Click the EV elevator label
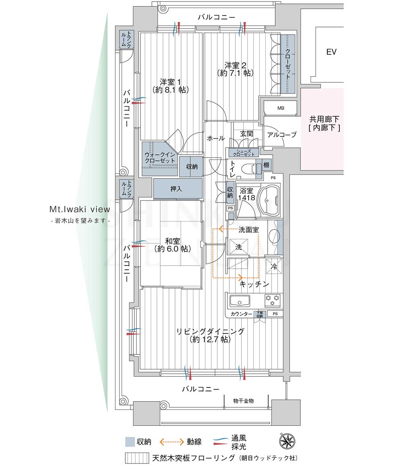(x=331, y=52)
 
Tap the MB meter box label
(x=281, y=108)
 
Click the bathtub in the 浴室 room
(x=269, y=200)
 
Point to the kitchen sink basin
(x=240, y=301)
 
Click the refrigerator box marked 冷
(x=274, y=266)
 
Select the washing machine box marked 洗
(x=238, y=247)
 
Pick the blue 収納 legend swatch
(x=130, y=441)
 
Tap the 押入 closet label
(x=176, y=189)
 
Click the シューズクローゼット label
(x=244, y=153)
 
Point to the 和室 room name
(x=172, y=241)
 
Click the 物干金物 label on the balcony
(x=243, y=401)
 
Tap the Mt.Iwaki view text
(x=80, y=209)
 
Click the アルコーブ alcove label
(x=282, y=135)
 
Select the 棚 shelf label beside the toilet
(x=266, y=164)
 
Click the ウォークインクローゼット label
(x=160, y=158)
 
